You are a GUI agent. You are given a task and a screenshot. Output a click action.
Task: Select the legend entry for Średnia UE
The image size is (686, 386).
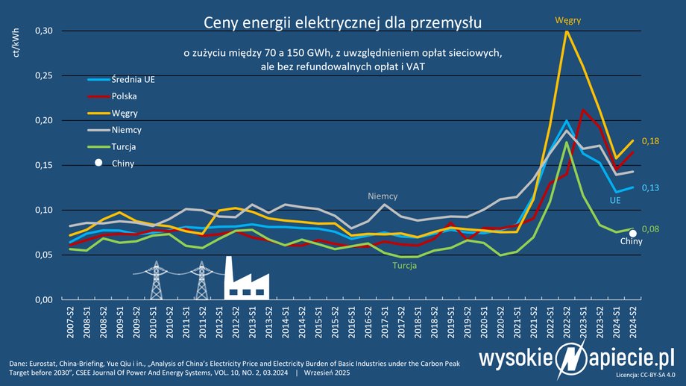tap(133, 80)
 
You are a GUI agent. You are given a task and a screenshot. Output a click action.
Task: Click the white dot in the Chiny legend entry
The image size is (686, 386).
tap(97, 163)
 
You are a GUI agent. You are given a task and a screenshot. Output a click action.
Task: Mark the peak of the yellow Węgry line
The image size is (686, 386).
tap(567, 31)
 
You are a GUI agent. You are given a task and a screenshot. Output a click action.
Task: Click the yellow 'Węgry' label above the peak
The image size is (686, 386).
tap(567, 19)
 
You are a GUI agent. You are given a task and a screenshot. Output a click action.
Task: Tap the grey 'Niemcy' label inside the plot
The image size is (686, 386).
tap(383, 196)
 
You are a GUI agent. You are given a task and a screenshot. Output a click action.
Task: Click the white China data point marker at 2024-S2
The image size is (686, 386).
tap(633, 234)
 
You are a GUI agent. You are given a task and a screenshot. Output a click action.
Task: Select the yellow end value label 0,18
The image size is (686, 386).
tap(652, 141)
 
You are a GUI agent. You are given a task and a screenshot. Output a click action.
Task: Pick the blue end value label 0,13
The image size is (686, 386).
tap(652, 187)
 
